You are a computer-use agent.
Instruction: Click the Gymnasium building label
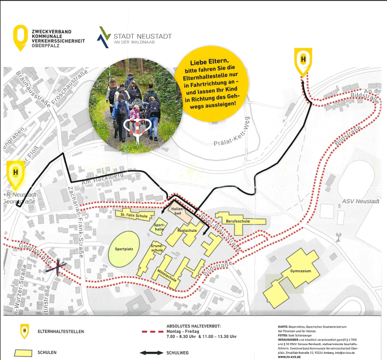click(x=300, y=271)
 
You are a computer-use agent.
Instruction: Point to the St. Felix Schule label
click(x=134, y=215)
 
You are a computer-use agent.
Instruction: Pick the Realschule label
click(x=187, y=231)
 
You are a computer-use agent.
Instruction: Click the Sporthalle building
click(x=158, y=227)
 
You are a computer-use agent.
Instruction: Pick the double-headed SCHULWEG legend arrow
click(x=152, y=353)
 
